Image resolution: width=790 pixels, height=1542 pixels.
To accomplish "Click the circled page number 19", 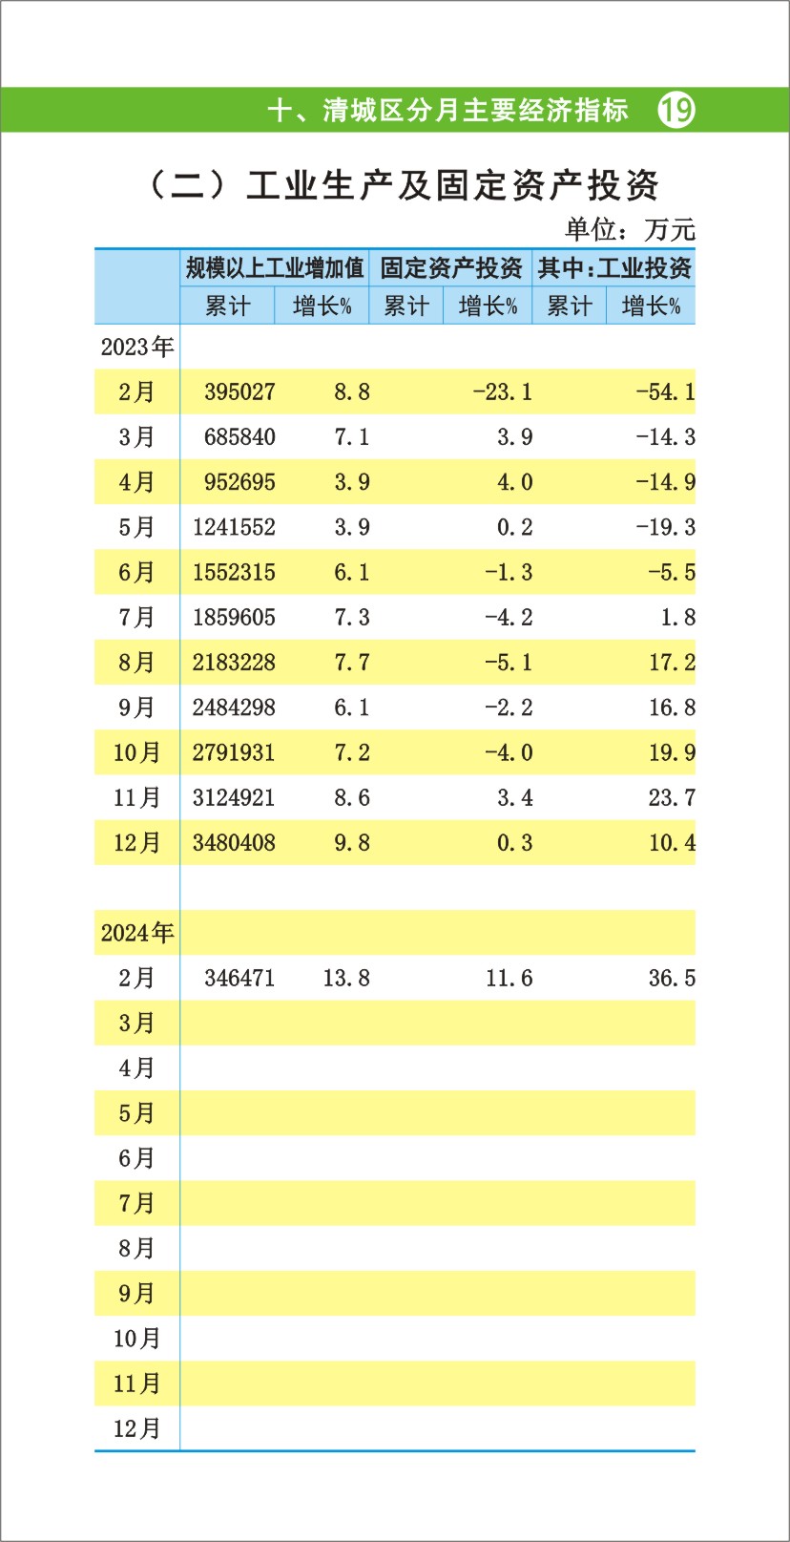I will [676, 111].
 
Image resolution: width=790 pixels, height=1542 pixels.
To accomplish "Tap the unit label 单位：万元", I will [630, 229].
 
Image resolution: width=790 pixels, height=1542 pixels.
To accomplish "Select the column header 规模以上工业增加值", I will [275, 268].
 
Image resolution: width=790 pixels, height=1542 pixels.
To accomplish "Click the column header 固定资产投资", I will [450, 268].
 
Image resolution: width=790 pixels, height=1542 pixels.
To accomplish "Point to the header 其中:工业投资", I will [613, 268].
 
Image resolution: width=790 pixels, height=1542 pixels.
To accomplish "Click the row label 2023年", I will [137, 347].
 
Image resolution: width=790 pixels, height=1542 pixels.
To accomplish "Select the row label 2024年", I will [137, 932].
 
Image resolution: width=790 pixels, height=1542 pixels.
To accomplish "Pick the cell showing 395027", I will [239, 391].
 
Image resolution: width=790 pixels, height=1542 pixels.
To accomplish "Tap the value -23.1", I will [502, 391].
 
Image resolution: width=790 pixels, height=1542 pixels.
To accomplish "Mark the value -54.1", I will [665, 391].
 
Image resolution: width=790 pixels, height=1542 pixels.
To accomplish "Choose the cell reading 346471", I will [239, 978].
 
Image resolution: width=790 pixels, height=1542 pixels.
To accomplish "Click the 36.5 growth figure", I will [672, 978].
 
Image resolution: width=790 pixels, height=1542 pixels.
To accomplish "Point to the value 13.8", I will [345, 978].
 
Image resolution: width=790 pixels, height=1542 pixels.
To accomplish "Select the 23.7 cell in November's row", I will [672, 797].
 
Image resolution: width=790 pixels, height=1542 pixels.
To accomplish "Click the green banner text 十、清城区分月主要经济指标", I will [447, 111].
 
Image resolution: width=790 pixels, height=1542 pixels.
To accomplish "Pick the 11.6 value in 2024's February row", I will [509, 978].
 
